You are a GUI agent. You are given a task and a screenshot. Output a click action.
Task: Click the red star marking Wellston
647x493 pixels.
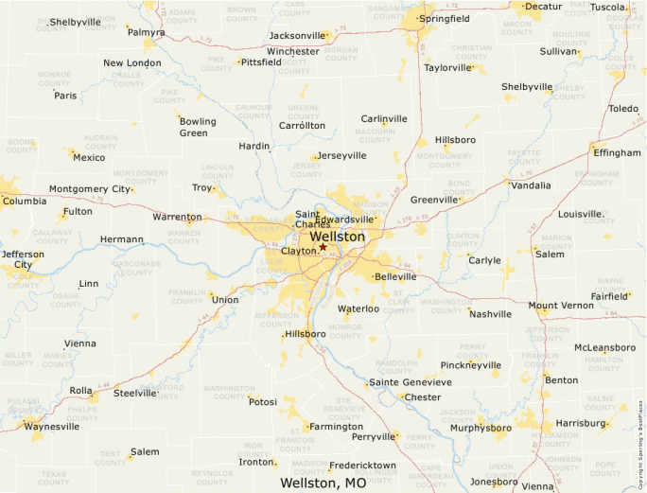pyautogui.click(x=323, y=247)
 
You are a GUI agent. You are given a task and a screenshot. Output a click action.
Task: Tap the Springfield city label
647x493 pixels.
pyautogui.click(x=445, y=19)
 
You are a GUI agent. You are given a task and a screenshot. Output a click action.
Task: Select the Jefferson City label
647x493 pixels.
pyautogui.click(x=22, y=259)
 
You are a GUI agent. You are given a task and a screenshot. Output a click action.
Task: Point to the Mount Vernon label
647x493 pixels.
pyautogui.click(x=561, y=306)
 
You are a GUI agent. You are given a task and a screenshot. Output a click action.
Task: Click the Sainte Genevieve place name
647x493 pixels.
pyautogui.click(x=410, y=381)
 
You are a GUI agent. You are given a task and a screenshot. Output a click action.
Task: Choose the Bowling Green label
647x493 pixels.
pyautogui.click(x=198, y=127)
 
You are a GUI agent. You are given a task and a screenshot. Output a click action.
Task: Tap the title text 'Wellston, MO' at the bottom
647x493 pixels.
pyautogui.click(x=323, y=483)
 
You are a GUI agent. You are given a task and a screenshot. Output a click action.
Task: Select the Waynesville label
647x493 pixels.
pyautogui.click(x=52, y=426)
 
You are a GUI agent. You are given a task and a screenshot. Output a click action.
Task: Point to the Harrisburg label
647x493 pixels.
pyautogui.click(x=581, y=423)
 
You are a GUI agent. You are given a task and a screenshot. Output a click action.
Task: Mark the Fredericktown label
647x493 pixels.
pyautogui.click(x=362, y=466)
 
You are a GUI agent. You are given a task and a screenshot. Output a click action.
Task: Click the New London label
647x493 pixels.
pyautogui.click(x=131, y=63)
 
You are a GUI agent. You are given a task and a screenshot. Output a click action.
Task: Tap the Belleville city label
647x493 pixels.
pyautogui.click(x=395, y=276)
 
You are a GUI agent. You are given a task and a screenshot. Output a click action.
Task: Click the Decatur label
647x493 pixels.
pyautogui.click(x=543, y=7)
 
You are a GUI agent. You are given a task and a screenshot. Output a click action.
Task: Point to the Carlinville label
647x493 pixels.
pyautogui.click(x=384, y=118)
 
